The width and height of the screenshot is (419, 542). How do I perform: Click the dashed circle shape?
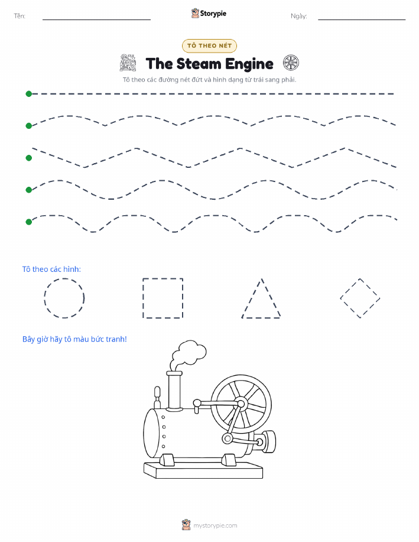click(44, 298)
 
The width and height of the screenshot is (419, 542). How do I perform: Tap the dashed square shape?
click(143, 298)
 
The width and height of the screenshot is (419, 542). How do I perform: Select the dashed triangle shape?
click(252, 298)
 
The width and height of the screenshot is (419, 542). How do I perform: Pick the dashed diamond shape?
click(350, 288)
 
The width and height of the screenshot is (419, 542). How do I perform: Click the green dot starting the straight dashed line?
click(29, 93)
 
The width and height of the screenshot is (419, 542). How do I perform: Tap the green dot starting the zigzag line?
click(29, 158)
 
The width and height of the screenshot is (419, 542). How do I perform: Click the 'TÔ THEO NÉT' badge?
click(209, 46)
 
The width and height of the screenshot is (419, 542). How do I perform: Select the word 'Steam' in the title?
click(199, 64)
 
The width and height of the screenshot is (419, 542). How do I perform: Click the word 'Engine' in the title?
click(249, 64)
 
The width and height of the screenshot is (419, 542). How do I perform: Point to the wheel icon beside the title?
click(291, 63)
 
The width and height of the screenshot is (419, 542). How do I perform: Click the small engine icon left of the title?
click(128, 63)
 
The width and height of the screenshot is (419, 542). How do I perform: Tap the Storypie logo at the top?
click(209, 14)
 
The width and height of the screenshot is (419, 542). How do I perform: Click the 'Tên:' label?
click(20, 16)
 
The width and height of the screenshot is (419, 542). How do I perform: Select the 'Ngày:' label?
click(299, 16)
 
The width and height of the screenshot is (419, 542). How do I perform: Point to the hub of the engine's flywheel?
click(241, 403)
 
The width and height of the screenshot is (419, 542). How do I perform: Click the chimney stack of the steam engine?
click(174, 391)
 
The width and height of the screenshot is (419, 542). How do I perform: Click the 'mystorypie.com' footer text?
click(215, 525)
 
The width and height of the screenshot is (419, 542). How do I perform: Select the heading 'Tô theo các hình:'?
click(51, 270)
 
